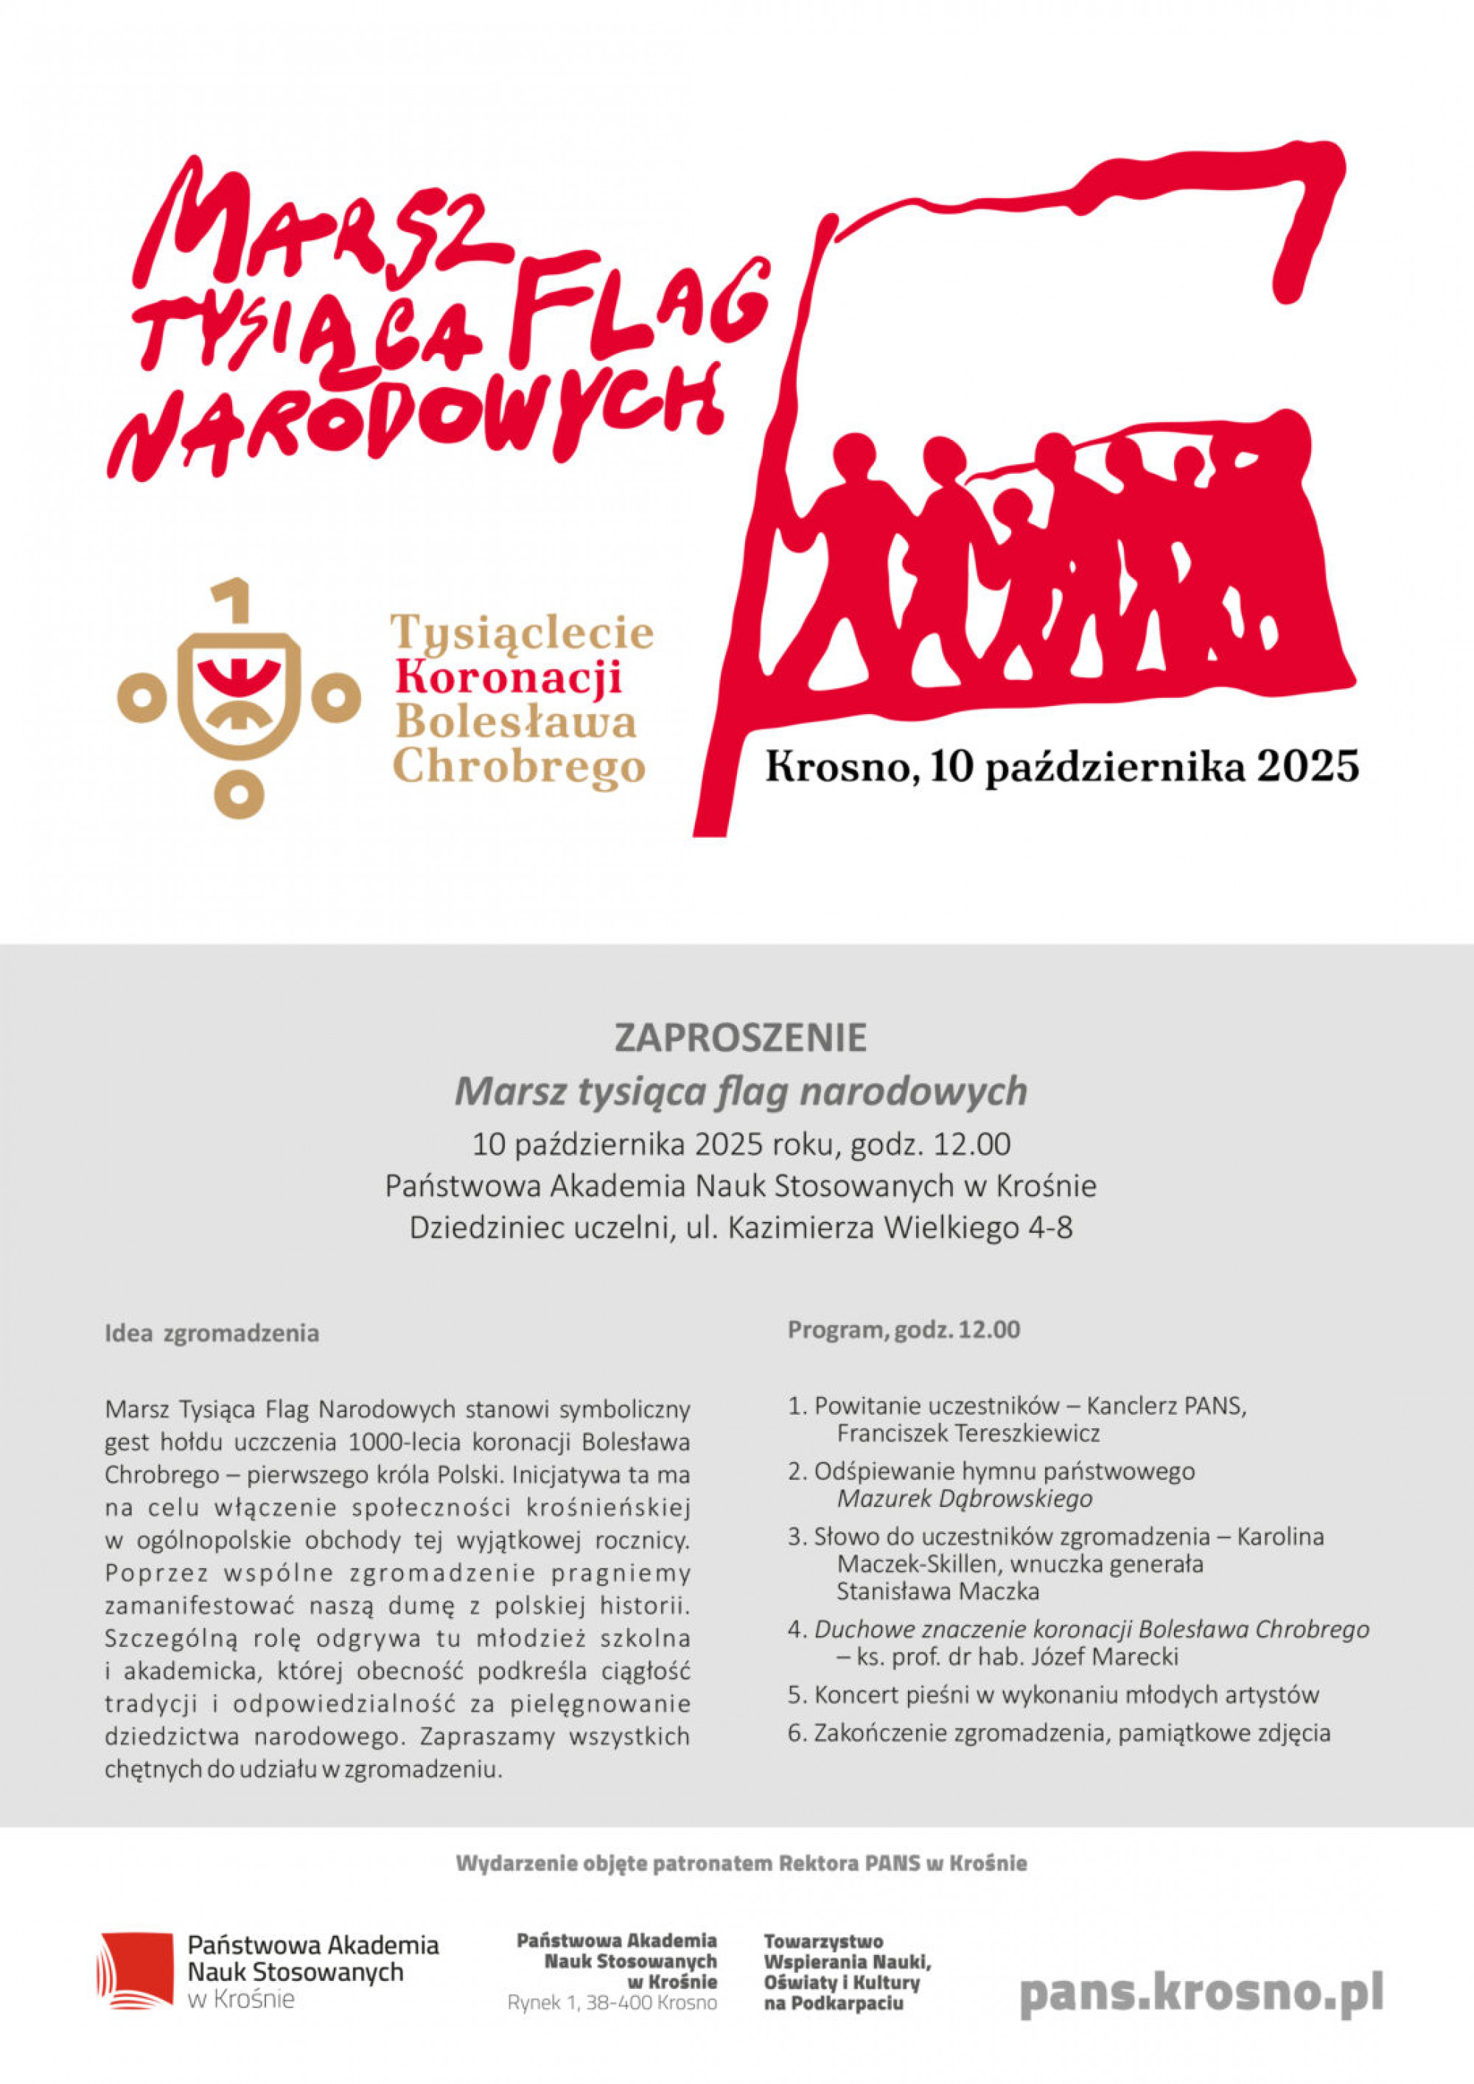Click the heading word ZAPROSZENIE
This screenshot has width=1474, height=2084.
(741, 1038)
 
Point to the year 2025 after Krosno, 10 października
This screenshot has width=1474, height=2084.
(1307, 767)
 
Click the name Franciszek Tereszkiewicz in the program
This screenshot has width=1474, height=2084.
(968, 1434)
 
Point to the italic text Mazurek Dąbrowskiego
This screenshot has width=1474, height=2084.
(964, 1499)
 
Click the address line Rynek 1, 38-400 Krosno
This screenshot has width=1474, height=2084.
(612, 2002)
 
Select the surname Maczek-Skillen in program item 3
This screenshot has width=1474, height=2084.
(917, 1564)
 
